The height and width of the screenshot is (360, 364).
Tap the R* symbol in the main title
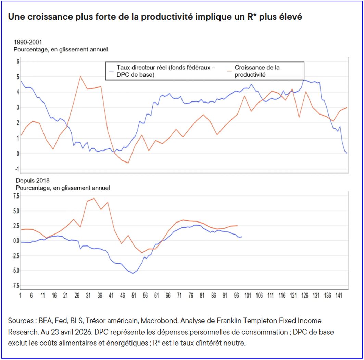(252, 16)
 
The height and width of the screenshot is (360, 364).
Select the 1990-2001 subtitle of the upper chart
(28, 42)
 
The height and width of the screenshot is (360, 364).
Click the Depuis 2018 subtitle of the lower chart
(33, 181)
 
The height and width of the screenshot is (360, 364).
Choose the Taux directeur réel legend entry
(163, 71)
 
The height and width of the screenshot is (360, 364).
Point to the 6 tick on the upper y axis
(18, 62)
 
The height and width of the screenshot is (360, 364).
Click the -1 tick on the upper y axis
(17, 169)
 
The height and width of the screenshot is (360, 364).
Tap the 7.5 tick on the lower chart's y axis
(16, 196)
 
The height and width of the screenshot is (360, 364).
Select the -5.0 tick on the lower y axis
(16, 271)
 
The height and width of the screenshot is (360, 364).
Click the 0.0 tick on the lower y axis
(16, 241)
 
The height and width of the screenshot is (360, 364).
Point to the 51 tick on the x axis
(134, 296)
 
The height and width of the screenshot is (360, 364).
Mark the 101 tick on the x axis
(248, 296)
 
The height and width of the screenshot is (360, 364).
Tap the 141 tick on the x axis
(339, 296)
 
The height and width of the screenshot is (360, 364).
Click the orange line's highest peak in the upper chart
(80, 76)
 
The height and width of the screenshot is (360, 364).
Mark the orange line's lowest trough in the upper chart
(128, 163)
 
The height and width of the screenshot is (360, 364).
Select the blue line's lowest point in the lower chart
(133, 273)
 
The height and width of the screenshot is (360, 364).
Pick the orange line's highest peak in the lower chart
(94, 198)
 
